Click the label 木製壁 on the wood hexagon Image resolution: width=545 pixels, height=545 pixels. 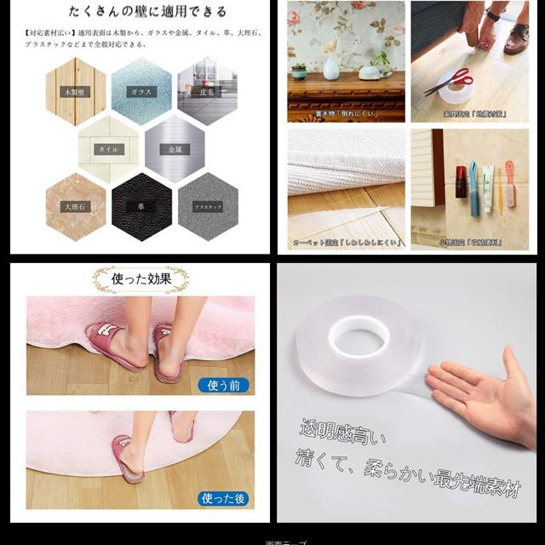(x=75, y=91)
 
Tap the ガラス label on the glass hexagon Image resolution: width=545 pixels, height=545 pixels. (x=140, y=91)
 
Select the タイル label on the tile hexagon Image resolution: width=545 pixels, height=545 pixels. (x=108, y=149)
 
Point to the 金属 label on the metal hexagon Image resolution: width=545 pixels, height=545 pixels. (x=175, y=149)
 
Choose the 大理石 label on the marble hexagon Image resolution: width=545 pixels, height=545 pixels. (x=75, y=206)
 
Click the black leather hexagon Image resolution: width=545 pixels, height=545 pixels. (x=141, y=207)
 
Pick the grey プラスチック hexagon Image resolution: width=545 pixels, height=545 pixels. (x=207, y=207)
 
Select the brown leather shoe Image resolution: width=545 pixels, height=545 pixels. (x=514, y=38)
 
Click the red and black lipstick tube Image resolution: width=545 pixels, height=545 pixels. (x=461, y=181)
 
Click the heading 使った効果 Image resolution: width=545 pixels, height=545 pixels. (x=141, y=278)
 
